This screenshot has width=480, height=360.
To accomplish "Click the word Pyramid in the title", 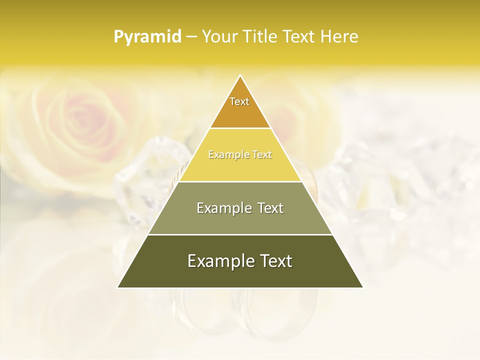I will click(147, 37).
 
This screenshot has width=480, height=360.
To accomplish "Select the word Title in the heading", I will click(263, 37).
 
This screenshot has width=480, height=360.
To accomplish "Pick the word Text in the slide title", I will click(300, 37).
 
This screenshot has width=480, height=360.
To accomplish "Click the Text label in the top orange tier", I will click(239, 101).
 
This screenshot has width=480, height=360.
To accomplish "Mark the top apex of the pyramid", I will click(240, 75).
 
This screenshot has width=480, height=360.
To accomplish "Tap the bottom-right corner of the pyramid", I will click(362, 287).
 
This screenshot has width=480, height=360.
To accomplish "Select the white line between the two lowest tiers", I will click(240, 234).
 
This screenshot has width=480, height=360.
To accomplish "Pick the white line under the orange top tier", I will click(240, 128).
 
